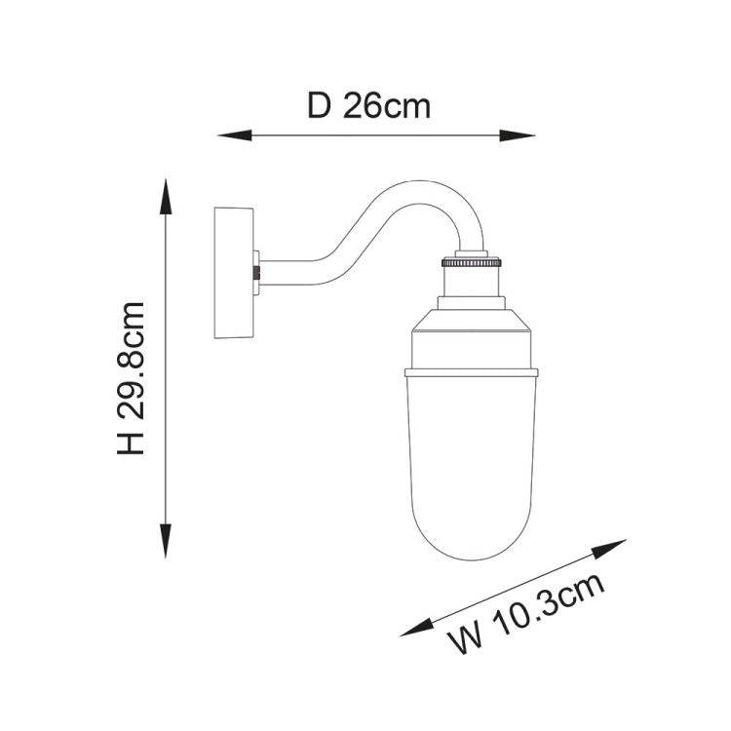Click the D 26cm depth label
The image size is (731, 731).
click(368, 107)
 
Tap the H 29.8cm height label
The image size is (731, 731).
click(131, 378)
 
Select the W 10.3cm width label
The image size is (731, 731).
click(527, 614)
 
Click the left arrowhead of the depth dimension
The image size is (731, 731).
click(235, 135)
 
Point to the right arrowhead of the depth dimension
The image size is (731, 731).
click(517, 135)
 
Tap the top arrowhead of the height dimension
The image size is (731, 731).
click(166, 197)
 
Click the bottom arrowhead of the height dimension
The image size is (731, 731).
click(166, 541)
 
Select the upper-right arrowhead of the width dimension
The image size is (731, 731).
click(609, 548)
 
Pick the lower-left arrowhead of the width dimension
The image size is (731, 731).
click(417, 628)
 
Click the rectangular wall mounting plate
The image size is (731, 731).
click(234, 273)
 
